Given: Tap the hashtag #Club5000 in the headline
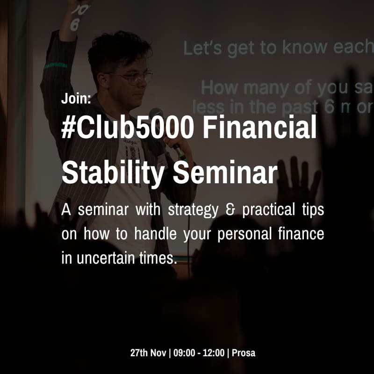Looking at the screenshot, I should [x=127, y=128].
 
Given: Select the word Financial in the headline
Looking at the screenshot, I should [x=259, y=128].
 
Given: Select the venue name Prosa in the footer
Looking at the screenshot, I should [x=244, y=353].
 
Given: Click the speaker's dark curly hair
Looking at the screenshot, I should [x=119, y=49].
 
